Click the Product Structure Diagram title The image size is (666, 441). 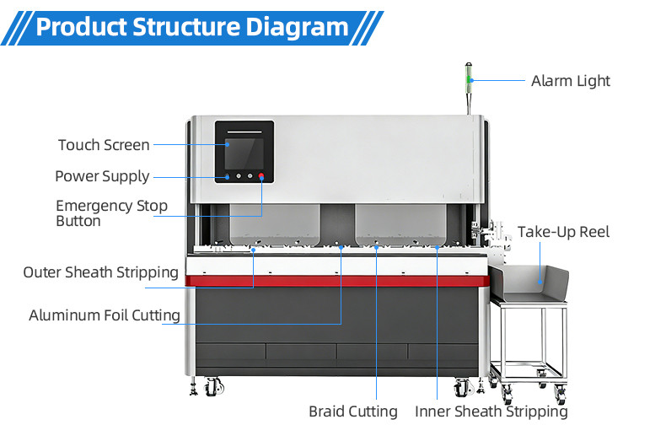click(192, 27)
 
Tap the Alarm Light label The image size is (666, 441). click(570, 81)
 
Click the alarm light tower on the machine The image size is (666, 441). click(469, 81)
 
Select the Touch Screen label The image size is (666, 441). click(104, 145)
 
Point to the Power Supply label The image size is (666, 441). click(102, 176)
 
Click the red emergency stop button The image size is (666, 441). click(262, 177)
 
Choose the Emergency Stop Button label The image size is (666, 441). click(111, 213)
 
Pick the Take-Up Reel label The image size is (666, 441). click(563, 232)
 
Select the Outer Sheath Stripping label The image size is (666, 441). click(100, 272)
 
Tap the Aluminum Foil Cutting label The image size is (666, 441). click(105, 315)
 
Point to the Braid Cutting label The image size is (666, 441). click(352, 411)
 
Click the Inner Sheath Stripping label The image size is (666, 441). click(491, 411)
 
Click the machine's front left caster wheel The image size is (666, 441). click(213, 387)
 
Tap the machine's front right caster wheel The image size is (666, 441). click(461, 387)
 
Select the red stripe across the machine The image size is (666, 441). click(337, 280)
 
